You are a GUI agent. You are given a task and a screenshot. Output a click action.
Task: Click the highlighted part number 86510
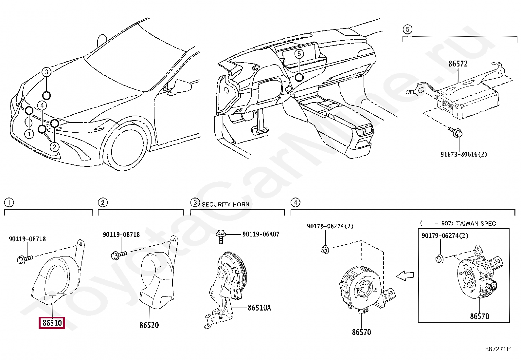point(52,323)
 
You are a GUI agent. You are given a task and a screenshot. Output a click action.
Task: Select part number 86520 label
point(149,325)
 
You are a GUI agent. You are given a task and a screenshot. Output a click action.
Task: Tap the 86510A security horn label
point(259,308)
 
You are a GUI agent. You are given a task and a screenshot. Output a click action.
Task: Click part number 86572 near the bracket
point(458,64)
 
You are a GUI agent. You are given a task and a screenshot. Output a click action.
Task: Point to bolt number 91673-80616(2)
point(463,154)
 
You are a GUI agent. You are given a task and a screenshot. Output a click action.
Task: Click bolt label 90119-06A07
point(261,234)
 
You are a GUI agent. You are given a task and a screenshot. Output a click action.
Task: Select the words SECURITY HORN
point(225,204)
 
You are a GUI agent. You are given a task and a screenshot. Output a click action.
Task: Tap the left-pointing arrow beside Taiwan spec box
point(405,276)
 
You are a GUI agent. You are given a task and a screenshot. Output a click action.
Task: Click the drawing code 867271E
point(497,349)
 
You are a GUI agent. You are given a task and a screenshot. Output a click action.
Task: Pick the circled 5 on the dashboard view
point(299,54)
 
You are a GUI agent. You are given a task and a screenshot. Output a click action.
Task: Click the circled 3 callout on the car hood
point(46,72)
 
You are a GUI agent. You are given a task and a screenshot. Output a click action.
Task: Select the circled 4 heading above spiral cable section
point(295,202)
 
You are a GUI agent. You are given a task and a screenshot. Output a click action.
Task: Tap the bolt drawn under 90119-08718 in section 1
point(25,259)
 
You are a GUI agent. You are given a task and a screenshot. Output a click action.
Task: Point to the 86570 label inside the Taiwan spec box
point(479,316)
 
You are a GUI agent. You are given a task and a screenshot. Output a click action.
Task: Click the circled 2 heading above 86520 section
point(103,202)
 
